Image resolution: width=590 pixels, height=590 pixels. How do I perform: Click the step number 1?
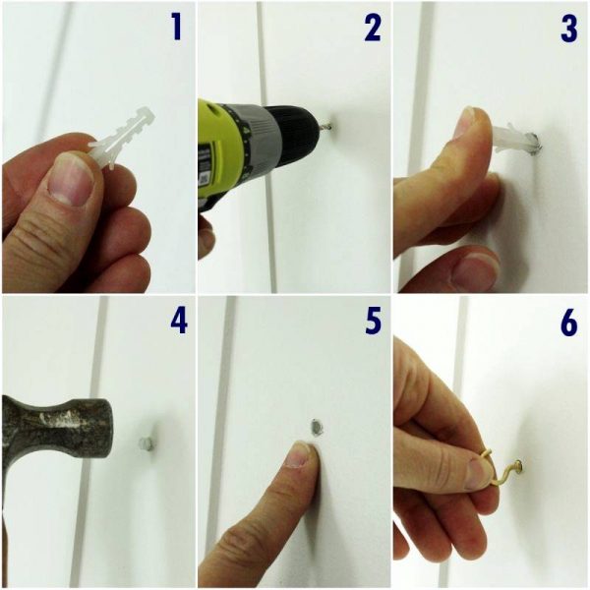(176, 28)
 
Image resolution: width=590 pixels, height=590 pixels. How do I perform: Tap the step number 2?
(373, 29)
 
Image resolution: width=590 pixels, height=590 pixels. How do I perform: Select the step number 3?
(568, 29)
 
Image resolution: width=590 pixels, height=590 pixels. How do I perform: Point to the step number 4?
(178, 321)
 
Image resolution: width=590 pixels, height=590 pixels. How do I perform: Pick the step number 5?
(374, 321)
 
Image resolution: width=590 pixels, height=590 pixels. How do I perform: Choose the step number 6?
(568, 323)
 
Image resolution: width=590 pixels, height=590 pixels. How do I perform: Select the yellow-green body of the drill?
(222, 150)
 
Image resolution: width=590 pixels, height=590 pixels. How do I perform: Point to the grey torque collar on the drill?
(257, 139)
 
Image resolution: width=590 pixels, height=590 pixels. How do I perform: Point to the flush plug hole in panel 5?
(318, 427)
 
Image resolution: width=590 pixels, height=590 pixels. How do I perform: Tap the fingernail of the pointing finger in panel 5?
(298, 454)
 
